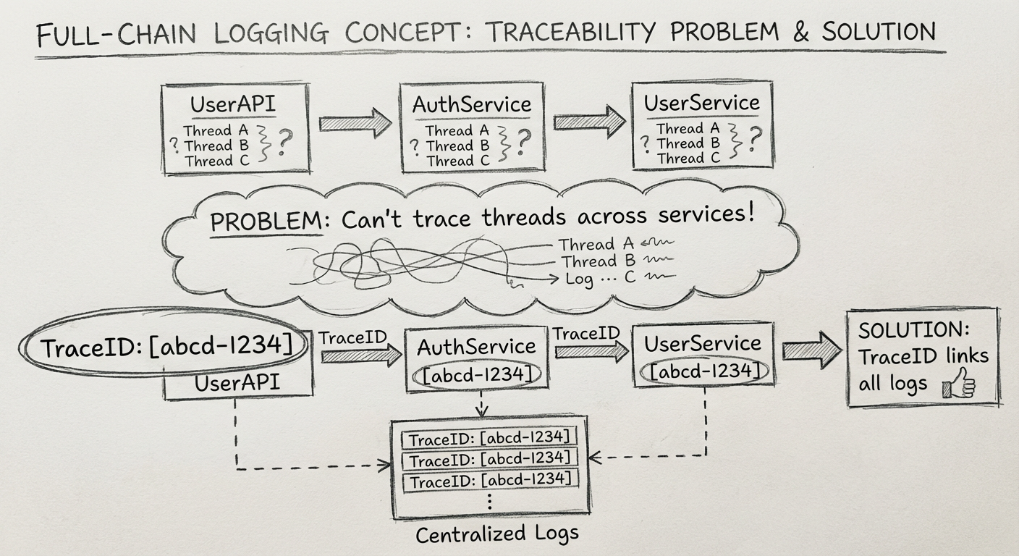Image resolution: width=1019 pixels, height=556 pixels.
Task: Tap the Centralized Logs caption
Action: coord(497,534)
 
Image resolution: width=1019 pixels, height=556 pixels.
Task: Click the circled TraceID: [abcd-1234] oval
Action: coord(167,347)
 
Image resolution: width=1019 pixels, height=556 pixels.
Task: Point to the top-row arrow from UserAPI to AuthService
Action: coord(355,123)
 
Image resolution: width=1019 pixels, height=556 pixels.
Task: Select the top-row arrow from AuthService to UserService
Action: coord(589,121)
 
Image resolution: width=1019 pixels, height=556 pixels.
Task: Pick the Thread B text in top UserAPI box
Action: coord(216,146)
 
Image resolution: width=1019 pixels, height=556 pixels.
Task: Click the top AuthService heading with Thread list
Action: coord(472,105)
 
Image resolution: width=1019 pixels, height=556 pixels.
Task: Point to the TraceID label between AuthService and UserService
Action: coord(587,333)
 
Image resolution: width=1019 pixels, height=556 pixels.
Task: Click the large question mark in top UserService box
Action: coord(755,138)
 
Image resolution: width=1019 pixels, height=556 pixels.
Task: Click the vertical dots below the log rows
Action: coord(491,502)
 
